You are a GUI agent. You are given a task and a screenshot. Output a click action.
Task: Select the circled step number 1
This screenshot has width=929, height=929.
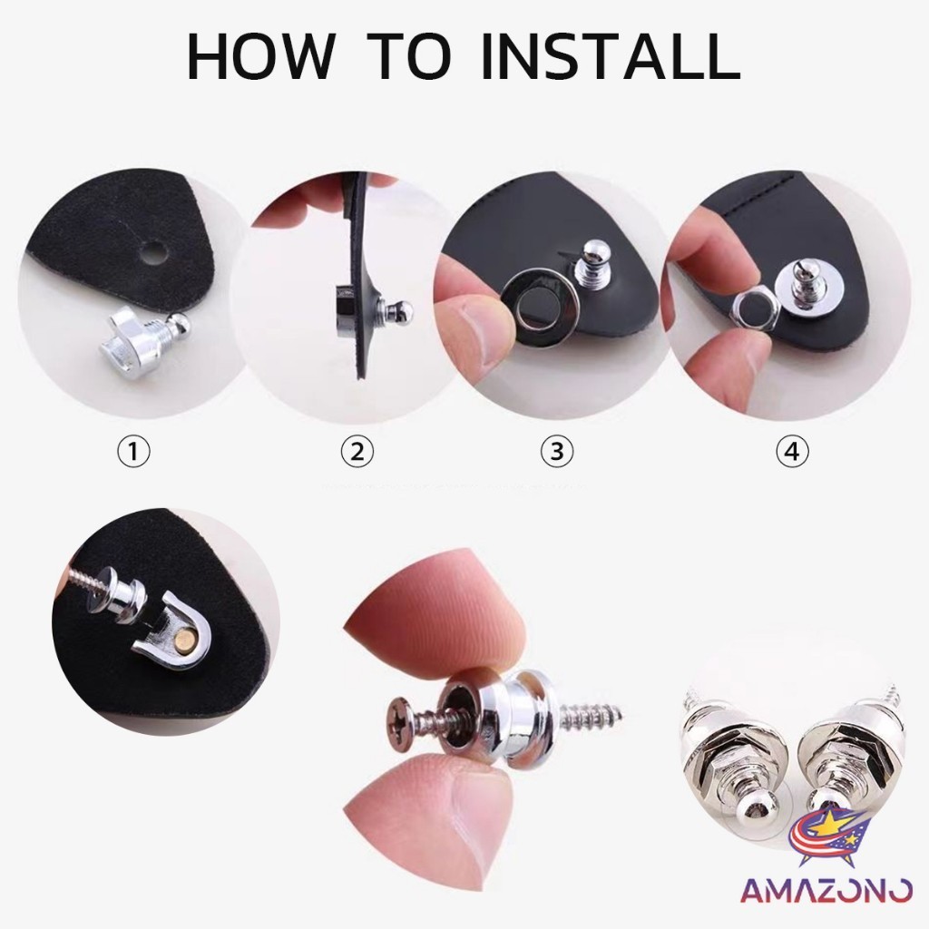tap(134, 452)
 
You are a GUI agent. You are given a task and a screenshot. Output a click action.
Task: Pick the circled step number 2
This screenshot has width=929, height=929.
tap(357, 452)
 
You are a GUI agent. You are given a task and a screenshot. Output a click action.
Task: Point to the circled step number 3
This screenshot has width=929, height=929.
tap(557, 452)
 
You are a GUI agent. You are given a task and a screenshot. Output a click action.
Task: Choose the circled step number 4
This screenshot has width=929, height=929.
tap(792, 452)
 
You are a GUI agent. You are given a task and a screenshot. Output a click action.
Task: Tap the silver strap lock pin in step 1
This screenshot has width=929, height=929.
tap(148, 342)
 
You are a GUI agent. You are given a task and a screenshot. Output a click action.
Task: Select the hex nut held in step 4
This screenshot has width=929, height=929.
tap(751, 309)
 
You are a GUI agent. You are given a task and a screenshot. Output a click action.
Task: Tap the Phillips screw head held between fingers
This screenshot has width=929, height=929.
tap(400, 716)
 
